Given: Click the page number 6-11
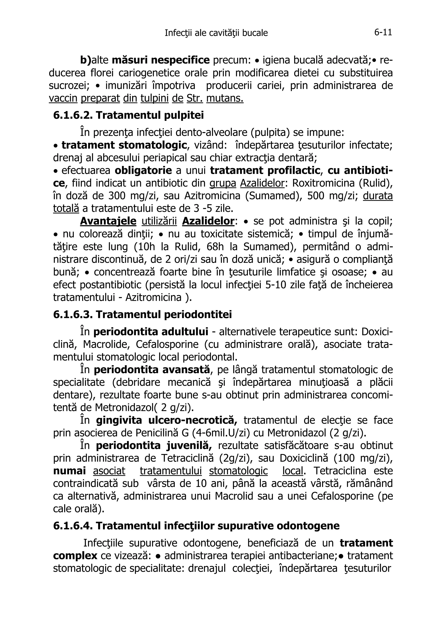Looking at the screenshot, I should click(x=383, y=33).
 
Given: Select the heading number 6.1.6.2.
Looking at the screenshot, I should click(x=72, y=115).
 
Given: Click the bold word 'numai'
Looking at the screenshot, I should click(x=69, y=471).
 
